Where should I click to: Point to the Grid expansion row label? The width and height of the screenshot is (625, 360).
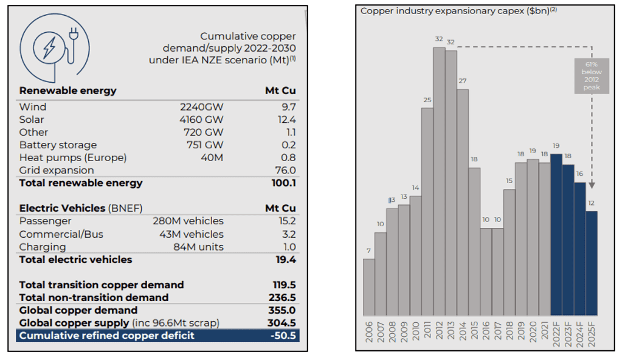click(x=57, y=170)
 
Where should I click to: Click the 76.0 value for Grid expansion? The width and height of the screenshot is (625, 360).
click(x=286, y=170)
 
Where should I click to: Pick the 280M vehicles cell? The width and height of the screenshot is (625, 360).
click(x=188, y=221)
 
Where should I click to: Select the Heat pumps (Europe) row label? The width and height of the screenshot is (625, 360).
click(x=73, y=157)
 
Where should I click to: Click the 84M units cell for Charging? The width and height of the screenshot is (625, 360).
click(x=198, y=247)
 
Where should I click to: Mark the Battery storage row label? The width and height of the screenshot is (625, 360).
click(x=58, y=145)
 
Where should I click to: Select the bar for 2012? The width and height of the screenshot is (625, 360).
click(x=439, y=182)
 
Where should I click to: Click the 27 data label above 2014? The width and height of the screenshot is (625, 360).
click(x=463, y=81)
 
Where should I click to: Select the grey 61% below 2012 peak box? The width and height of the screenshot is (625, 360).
click(x=591, y=76)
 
